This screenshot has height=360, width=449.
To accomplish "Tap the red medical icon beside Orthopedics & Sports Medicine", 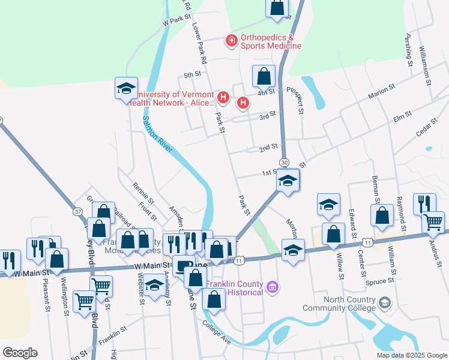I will coord(231,41).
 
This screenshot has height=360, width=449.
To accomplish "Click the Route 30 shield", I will coord(284,163).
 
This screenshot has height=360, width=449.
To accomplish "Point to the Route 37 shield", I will coord(78,211).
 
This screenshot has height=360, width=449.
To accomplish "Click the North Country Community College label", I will coord(351,304).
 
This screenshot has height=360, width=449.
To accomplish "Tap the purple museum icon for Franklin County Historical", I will coord(273,289).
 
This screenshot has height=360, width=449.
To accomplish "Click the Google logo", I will coord(20,353).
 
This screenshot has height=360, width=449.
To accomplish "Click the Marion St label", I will coord(382,91).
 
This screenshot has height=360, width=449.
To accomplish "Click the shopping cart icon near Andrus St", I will coord(433,222).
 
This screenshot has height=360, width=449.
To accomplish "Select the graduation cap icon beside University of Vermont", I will coord(127,88).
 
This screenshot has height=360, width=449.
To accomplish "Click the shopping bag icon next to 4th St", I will coord(264,76).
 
